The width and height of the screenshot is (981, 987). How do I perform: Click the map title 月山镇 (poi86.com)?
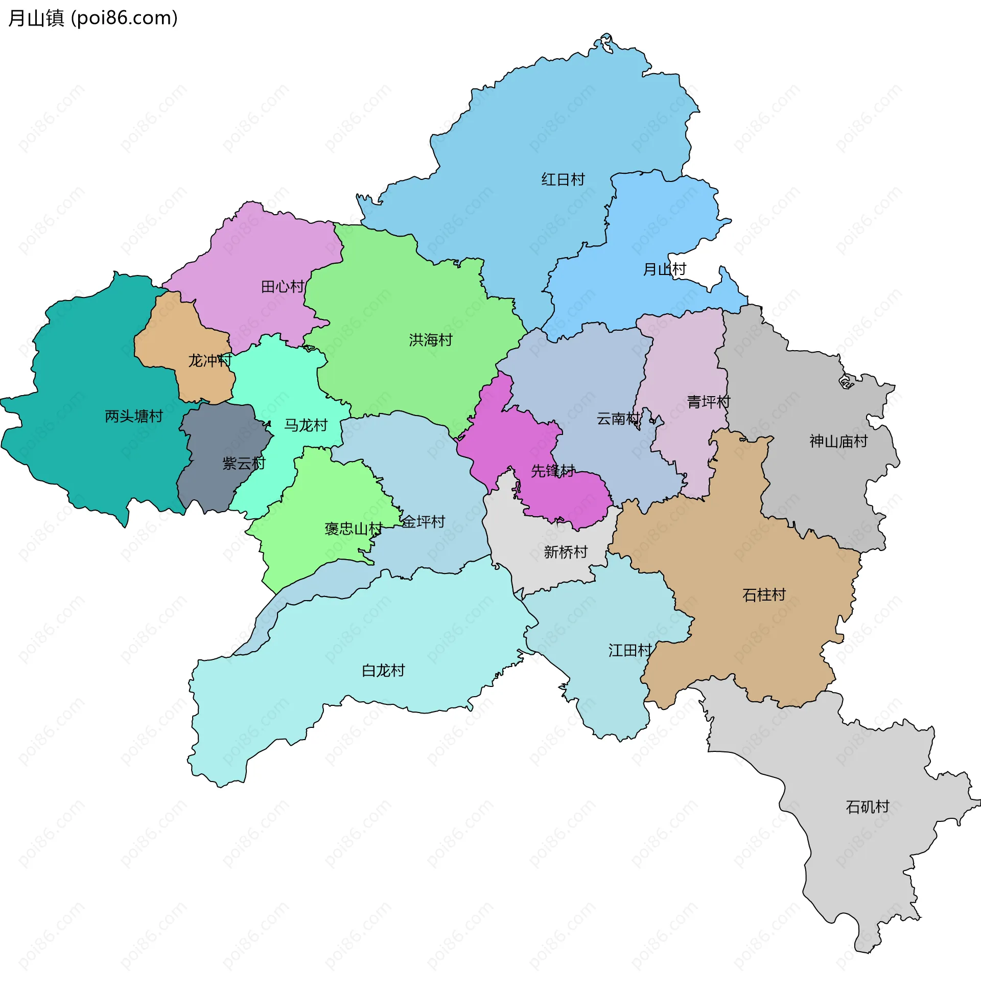(x=93, y=18)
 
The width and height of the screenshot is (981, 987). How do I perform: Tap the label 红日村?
(x=563, y=179)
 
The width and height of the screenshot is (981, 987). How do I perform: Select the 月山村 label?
(x=664, y=269)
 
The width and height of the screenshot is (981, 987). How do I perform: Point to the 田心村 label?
(x=283, y=286)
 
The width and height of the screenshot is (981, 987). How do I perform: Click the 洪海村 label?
(x=431, y=340)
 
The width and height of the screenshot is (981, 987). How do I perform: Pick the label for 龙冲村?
(x=210, y=361)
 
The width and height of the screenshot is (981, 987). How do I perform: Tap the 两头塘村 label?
(x=134, y=417)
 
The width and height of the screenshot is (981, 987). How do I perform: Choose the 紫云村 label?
(x=244, y=464)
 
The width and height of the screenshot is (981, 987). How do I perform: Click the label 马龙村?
(x=306, y=425)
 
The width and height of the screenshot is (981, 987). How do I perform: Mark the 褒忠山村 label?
(x=354, y=529)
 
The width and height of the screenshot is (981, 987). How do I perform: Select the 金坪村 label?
(x=424, y=522)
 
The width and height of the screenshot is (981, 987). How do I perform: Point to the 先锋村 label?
(x=553, y=471)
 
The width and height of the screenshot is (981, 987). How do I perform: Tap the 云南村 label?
(x=618, y=419)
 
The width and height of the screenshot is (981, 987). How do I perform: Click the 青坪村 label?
(x=709, y=402)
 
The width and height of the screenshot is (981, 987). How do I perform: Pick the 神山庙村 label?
(x=838, y=441)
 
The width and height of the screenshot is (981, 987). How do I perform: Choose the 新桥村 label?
(x=566, y=552)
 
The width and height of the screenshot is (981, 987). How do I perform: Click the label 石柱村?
(x=764, y=595)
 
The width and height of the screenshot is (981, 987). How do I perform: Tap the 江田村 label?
(x=630, y=650)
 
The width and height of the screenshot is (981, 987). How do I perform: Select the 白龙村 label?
(x=383, y=671)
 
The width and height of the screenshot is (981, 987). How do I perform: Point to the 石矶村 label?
(x=868, y=807)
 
